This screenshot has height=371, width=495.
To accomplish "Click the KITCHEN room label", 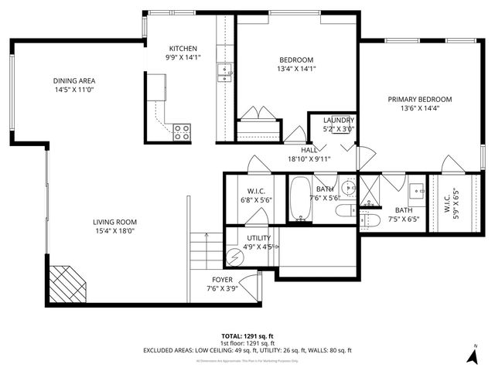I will click(x=183, y=48).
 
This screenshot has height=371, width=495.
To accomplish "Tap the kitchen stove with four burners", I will click(x=182, y=132).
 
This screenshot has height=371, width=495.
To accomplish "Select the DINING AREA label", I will click(x=74, y=80).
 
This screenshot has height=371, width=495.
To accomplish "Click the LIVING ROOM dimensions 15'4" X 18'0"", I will click(x=114, y=230).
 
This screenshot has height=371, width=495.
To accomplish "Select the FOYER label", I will click(x=222, y=279).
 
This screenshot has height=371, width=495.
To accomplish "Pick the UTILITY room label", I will click(x=258, y=238).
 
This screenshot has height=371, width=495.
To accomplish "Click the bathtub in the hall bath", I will click(x=299, y=199).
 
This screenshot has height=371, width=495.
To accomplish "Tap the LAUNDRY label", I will click(x=339, y=121).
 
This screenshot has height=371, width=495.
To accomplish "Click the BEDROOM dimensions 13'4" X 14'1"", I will click(x=297, y=68).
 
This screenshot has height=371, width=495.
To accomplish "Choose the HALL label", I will click(x=309, y=150).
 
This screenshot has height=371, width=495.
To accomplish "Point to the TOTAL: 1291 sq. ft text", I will click(x=247, y=336).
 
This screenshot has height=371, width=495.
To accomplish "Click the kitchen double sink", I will click(x=225, y=73).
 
